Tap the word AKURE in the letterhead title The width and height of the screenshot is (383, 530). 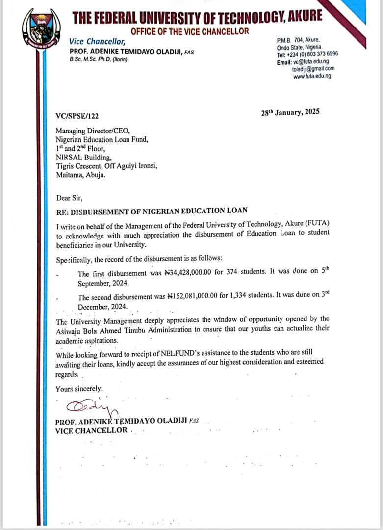point(305,17)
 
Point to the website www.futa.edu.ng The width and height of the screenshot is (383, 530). point(312,76)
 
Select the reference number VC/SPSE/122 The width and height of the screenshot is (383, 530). point(77,116)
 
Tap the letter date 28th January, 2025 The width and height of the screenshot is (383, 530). point(290,112)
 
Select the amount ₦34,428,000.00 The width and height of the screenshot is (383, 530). point(184,274)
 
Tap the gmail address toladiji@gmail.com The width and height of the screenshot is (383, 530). point(313,69)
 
